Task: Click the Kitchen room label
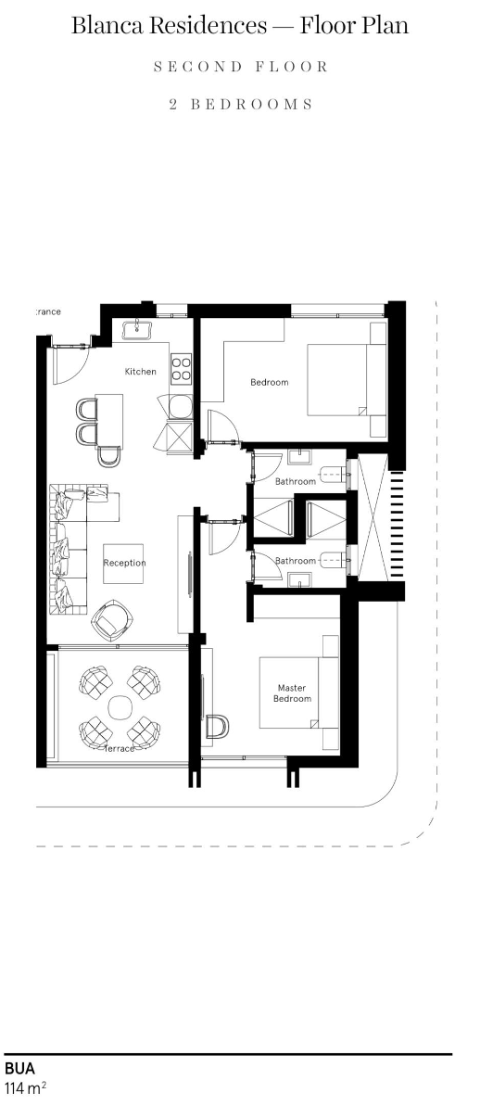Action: click(141, 372)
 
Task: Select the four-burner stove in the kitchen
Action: click(181, 368)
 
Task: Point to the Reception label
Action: click(124, 563)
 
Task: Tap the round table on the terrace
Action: click(120, 707)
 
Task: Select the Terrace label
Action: click(120, 748)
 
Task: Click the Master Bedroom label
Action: click(292, 693)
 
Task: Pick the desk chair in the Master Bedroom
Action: click(219, 727)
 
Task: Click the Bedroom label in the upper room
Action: click(269, 382)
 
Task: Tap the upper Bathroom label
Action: click(295, 481)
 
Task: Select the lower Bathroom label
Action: click(295, 561)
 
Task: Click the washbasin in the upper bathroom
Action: click(299, 456)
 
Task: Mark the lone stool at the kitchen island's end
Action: click(109, 455)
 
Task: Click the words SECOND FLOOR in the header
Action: click(239, 68)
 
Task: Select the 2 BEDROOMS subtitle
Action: click(239, 104)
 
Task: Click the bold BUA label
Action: click(19, 1069)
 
